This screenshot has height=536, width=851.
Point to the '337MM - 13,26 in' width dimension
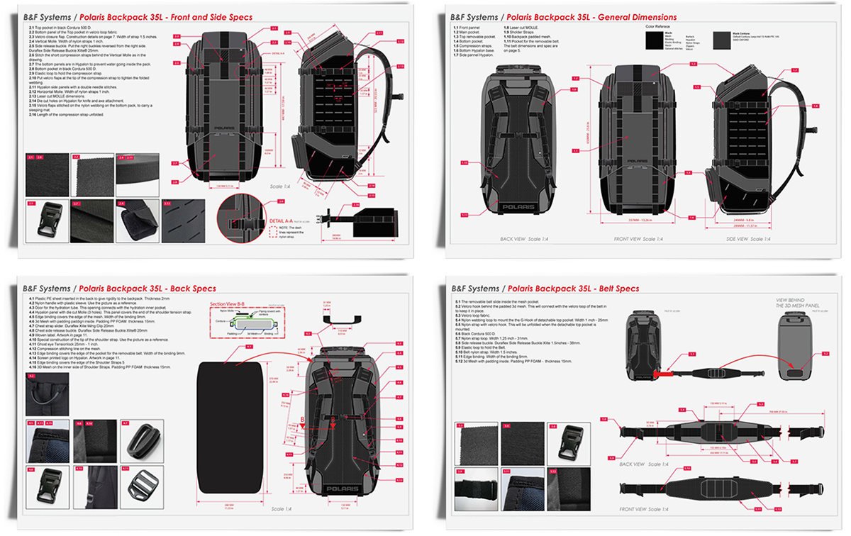(633, 220)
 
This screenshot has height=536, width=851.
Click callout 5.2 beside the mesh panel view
(825, 352)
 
